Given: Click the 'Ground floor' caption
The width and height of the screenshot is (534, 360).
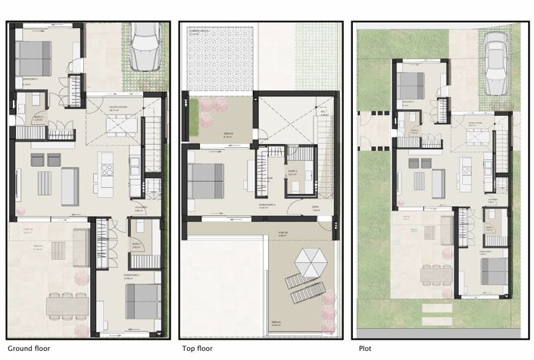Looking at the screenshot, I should tap(28, 349).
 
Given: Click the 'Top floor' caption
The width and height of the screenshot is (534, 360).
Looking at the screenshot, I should tap(199, 349).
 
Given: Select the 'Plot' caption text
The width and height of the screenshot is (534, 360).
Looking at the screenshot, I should tap(363, 349).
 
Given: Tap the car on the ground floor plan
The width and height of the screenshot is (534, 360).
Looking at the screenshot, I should tap(144, 47).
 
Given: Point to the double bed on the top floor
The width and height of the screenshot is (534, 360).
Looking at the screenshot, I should tap(205, 181).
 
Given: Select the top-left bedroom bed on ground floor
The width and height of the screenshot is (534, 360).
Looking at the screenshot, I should tap(33, 58).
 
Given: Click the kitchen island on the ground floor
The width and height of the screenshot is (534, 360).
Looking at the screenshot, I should tap(105, 175).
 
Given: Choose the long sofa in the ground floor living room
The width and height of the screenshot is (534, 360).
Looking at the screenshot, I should tap(70, 186).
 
